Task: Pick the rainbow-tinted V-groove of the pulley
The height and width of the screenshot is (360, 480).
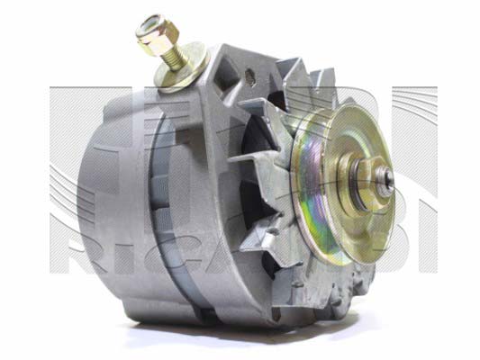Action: (326, 193)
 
